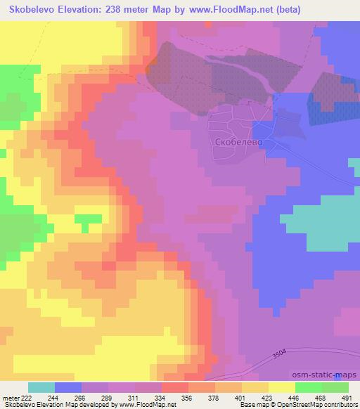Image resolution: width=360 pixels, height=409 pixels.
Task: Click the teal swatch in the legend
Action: pyautogui.click(x=41, y=387)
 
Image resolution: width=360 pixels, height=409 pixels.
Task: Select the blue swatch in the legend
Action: pyautogui.click(x=68, y=387)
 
